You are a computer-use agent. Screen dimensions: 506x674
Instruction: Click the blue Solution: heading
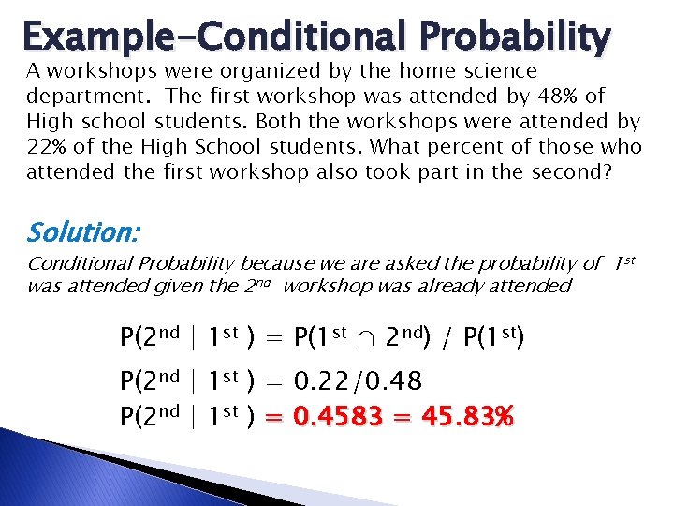pyautogui.click(x=78, y=231)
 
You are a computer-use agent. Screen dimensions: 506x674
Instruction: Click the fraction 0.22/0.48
pyautogui.click(x=358, y=381)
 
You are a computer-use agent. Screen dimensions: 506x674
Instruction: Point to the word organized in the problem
pyautogui.click(x=224, y=71)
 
